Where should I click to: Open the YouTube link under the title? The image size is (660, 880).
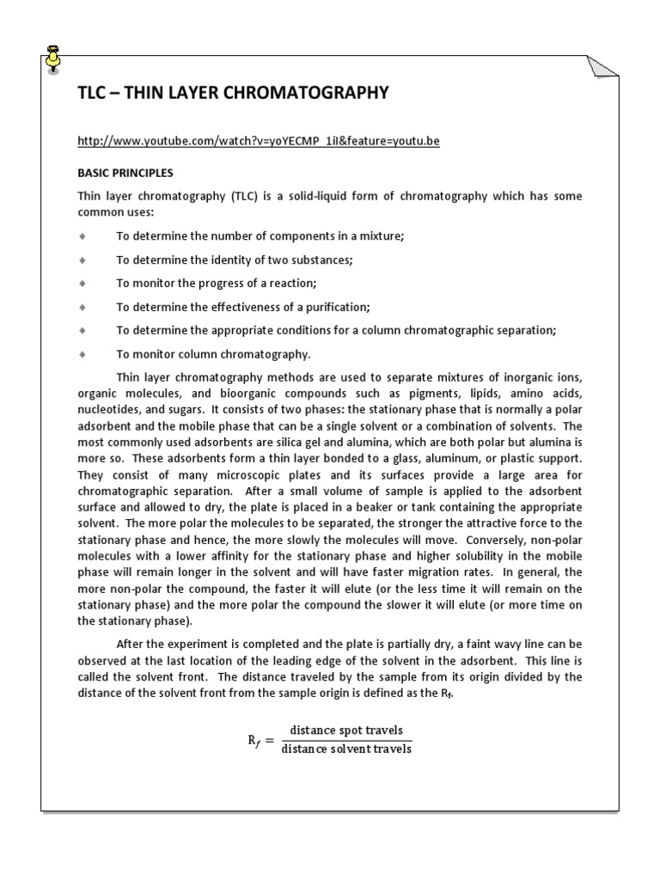258,141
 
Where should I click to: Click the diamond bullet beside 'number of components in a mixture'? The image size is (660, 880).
82,235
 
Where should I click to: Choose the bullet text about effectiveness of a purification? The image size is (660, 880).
243,306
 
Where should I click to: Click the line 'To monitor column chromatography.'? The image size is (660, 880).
214,353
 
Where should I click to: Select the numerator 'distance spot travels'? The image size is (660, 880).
345,730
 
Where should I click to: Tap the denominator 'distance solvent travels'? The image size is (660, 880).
345,749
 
